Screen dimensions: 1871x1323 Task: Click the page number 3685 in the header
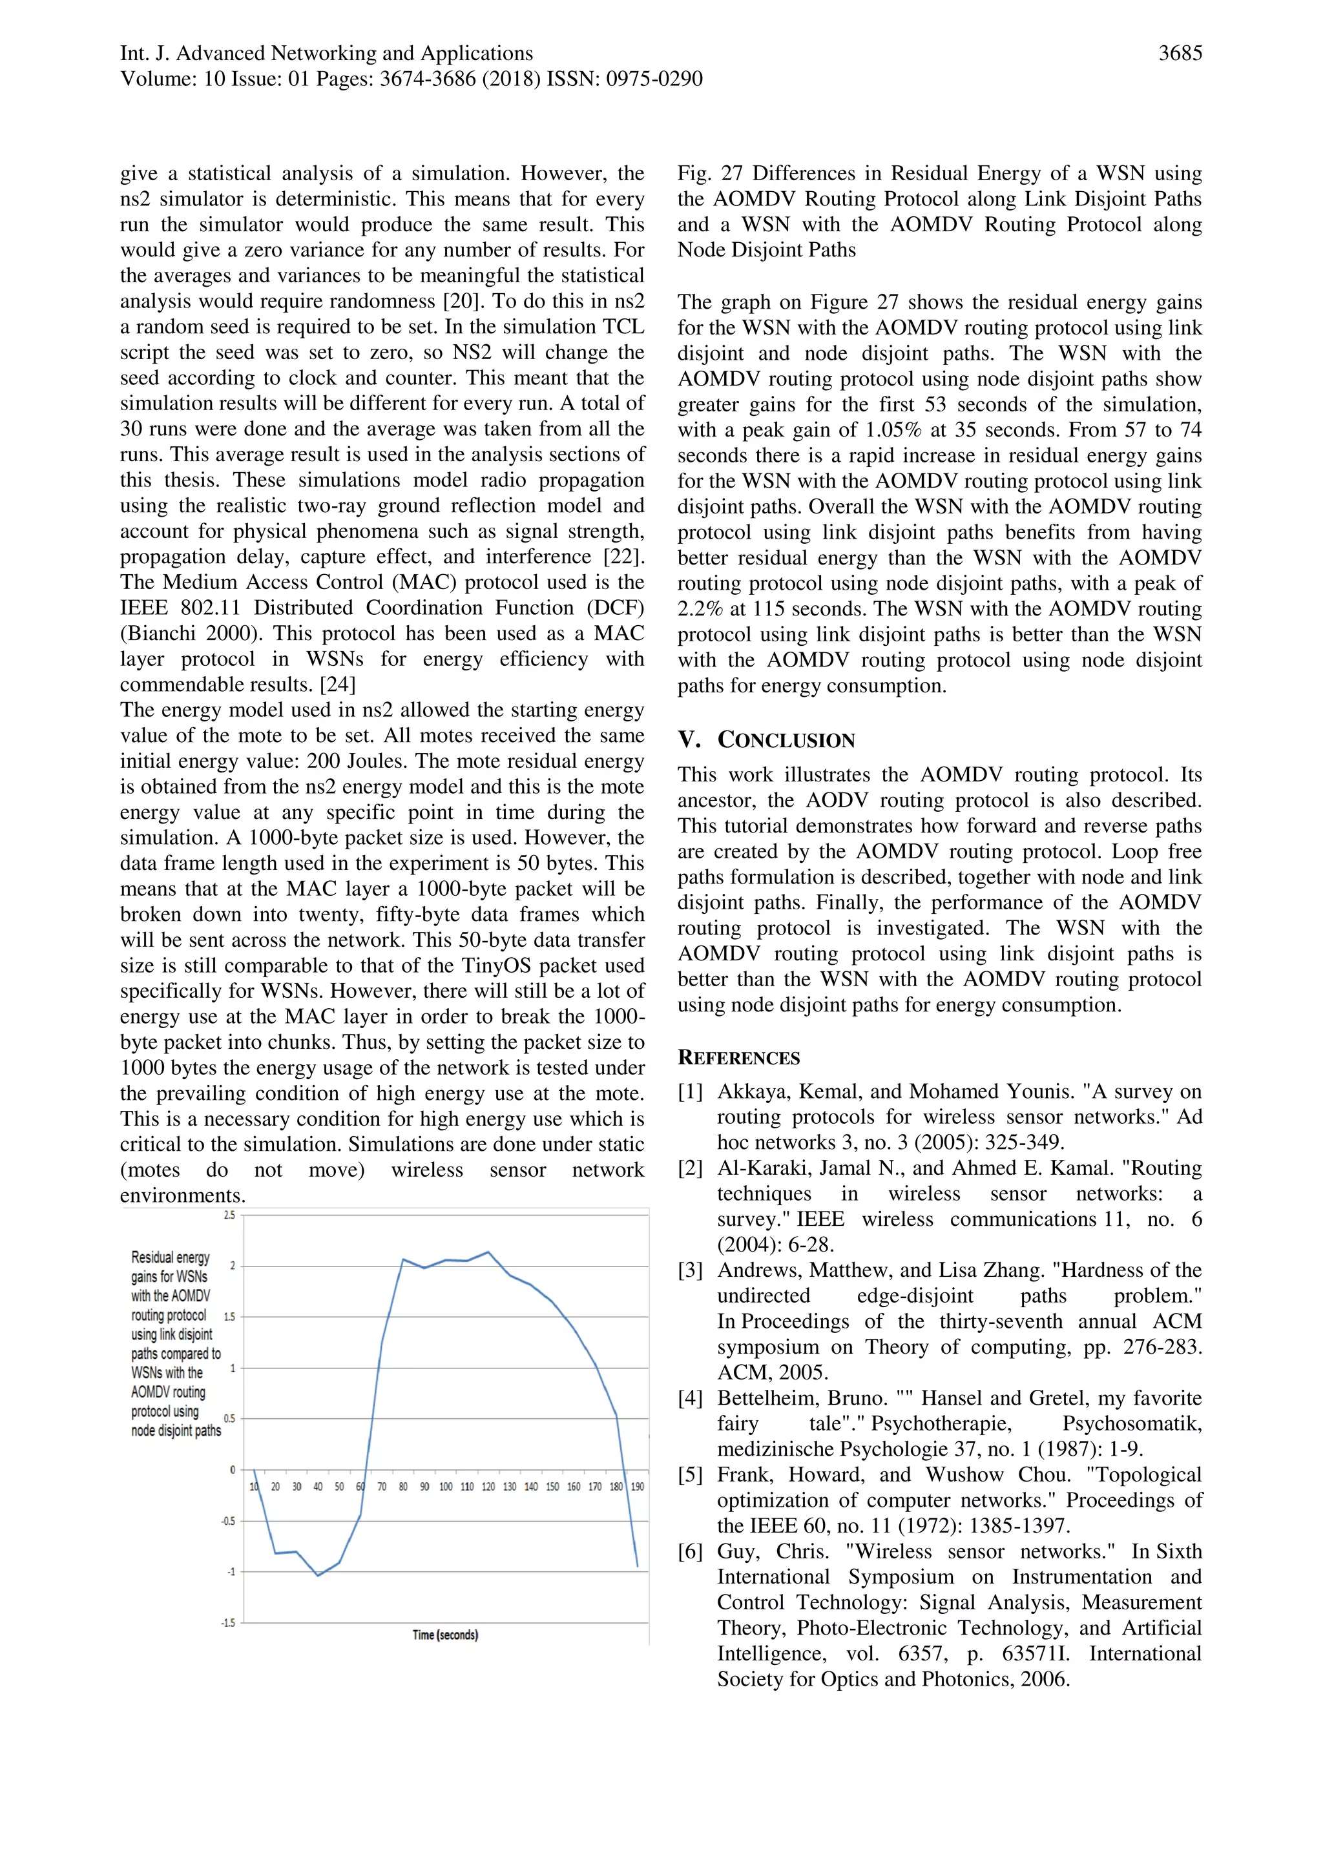click(x=1180, y=54)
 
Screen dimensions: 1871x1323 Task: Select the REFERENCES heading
click(x=738, y=1059)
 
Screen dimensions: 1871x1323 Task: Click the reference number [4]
click(x=690, y=1398)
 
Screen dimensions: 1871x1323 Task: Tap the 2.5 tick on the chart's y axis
click(x=229, y=1215)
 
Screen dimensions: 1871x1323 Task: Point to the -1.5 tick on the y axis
click(x=227, y=1623)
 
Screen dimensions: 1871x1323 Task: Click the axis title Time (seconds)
click(x=445, y=1635)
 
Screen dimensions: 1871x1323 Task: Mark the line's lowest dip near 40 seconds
click(x=318, y=1575)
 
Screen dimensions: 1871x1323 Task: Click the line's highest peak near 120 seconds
click(x=488, y=1252)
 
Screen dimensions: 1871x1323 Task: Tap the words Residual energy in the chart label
click(x=171, y=1257)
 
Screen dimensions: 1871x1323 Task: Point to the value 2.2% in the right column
click(x=700, y=609)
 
